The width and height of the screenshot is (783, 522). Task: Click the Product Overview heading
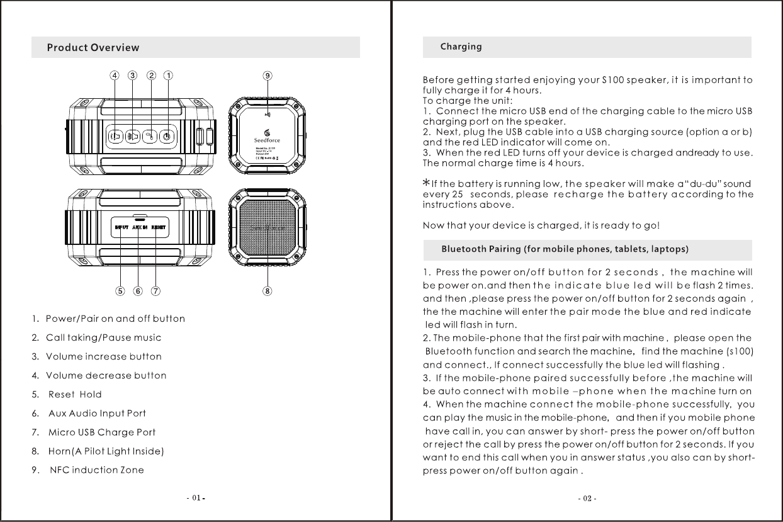93,48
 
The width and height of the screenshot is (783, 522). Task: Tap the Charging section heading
461,47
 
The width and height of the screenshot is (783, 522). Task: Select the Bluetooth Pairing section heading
565,249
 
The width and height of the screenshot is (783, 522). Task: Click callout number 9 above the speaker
268,76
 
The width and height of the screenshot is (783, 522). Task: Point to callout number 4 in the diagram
114,76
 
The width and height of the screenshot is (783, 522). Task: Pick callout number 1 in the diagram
169,76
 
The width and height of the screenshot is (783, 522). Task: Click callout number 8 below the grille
268,292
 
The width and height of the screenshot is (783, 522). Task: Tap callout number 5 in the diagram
120,292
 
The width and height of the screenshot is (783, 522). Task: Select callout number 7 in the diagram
155,292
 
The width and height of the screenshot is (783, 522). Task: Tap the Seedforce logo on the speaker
267,135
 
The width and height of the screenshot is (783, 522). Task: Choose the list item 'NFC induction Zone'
94,470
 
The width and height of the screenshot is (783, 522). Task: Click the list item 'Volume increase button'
104,357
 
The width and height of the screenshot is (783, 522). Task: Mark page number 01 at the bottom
196,498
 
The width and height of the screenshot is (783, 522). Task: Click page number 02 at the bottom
587,499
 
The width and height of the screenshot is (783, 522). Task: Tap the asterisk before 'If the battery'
426,182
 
